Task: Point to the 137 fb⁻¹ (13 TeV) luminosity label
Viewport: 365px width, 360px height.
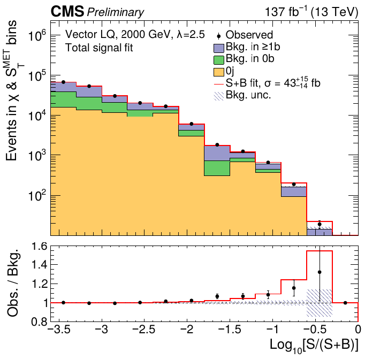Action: point(311,12)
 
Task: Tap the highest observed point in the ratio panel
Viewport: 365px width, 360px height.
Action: point(320,272)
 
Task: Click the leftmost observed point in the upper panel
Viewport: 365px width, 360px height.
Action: point(63,82)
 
